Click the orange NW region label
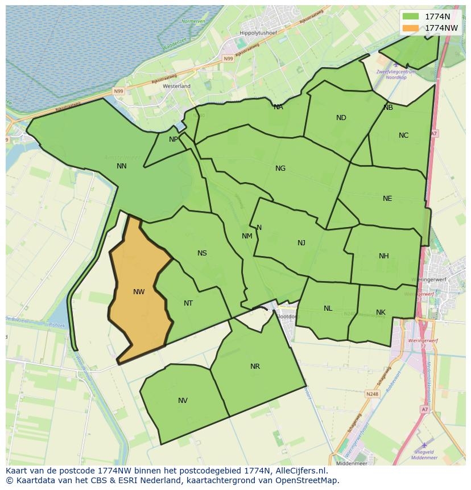[x=139, y=292]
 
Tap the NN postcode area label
[x=121, y=166]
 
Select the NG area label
[x=280, y=168]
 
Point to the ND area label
[x=341, y=118]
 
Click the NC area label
[x=403, y=135]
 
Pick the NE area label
[x=387, y=199]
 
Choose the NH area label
[x=384, y=256]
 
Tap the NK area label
[x=381, y=312]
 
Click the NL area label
[x=328, y=308]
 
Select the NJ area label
[x=301, y=243]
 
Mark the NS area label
[x=202, y=253]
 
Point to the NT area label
[x=188, y=303]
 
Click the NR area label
[x=255, y=367]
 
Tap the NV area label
[x=183, y=401]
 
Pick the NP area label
[x=173, y=139]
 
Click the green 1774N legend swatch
[x=410, y=17]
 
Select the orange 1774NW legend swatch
[x=410, y=28]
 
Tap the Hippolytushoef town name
[x=258, y=34]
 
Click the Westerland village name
[x=176, y=86]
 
